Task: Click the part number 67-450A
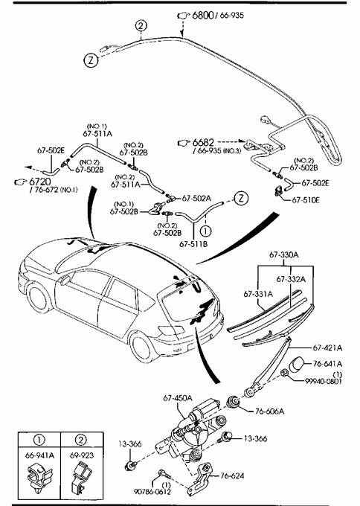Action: [178, 398]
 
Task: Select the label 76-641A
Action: [327, 364]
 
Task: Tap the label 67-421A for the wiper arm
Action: [327, 348]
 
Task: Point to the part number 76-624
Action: [232, 475]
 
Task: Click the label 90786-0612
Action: [152, 491]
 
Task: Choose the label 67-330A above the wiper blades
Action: [284, 255]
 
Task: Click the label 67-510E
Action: [306, 200]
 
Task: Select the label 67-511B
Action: [193, 244]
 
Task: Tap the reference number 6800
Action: [202, 15]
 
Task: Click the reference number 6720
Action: [40, 182]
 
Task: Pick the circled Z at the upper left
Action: [91, 60]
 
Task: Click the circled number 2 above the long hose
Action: [141, 25]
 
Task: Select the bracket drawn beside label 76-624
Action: [201, 481]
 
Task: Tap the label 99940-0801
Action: [324, 381]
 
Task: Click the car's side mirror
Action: [65, 280]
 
